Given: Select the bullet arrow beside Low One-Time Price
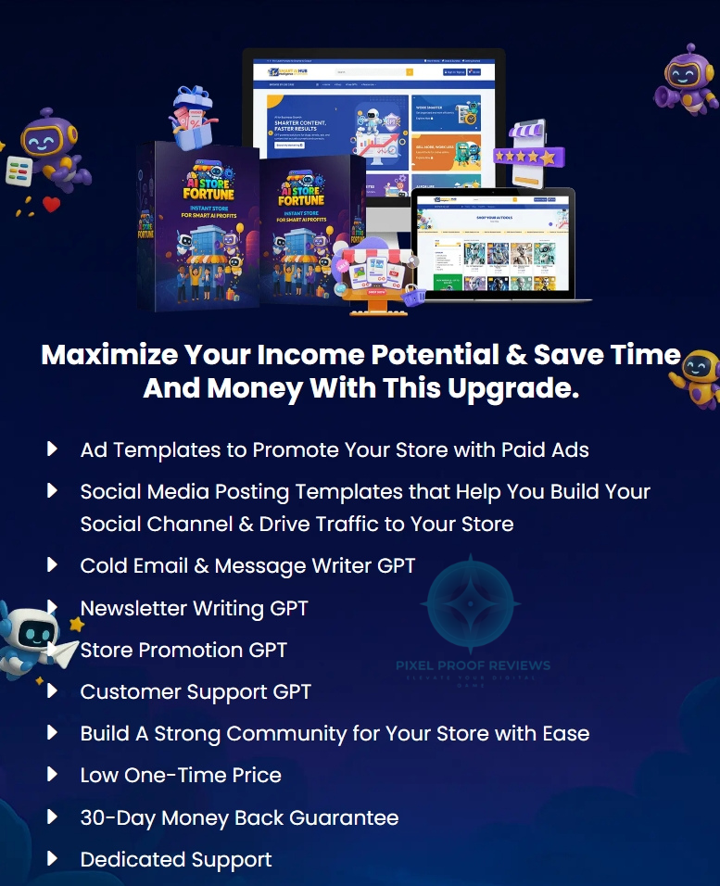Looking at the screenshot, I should pyautogui.click(x=52, y=774).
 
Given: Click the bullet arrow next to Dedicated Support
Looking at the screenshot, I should pyautogui.click(x=52, y=858).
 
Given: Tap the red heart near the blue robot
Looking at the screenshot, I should pyautogui.click(x=51, y=205).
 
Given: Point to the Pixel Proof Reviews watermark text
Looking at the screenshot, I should pyautogui.click(x=473, y=665).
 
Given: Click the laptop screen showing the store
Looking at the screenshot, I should pyautogui.click(x=492, y=243).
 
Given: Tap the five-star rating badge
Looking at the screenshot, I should pyautogui.click(x=524, y=156).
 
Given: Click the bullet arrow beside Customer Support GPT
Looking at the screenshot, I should pyautogui.click(x=52, y=690).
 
